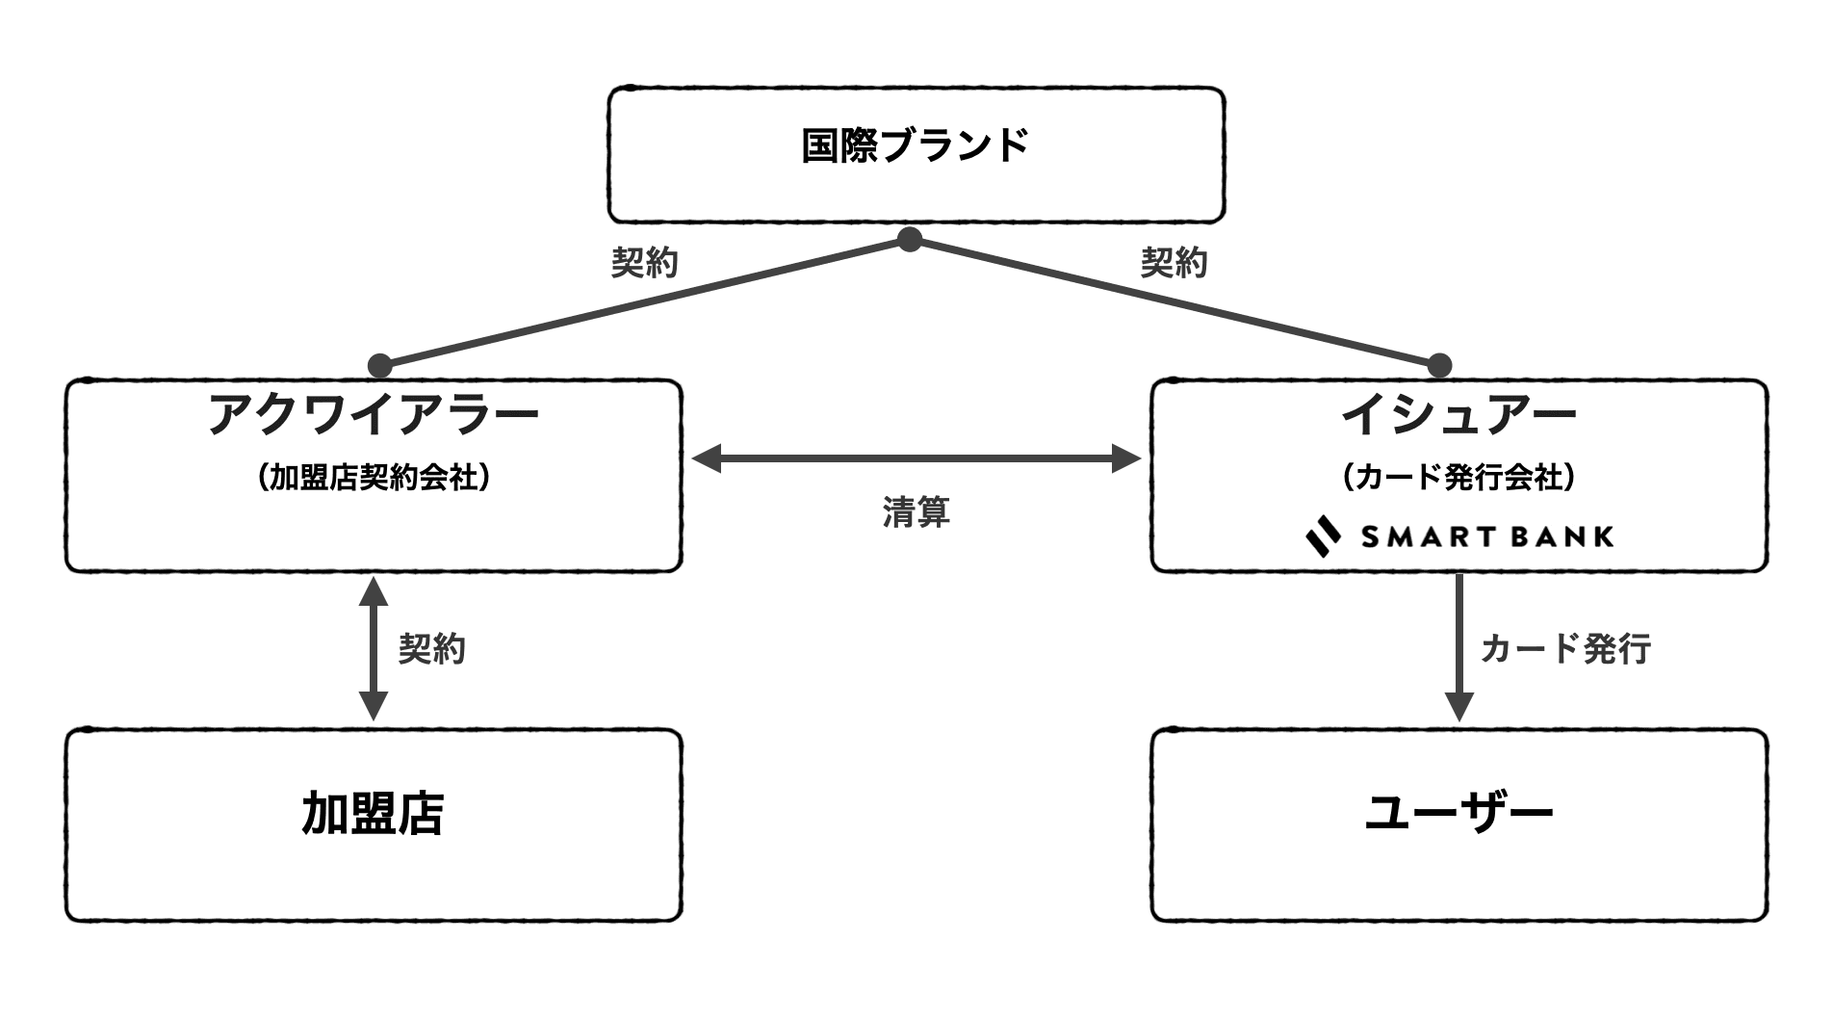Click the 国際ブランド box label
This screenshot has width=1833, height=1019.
[x=916, y=145]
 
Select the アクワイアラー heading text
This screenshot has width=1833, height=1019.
[x=374, y=415]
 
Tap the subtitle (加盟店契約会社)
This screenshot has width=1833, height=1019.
[x=374, y=478]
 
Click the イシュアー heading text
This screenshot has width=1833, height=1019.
[x=1459, y=415]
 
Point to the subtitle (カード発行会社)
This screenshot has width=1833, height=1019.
[x=1459, y=478]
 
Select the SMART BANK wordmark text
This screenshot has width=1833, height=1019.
[x=1487, y=536]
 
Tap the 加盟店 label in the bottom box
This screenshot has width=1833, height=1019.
[x=374, y=814]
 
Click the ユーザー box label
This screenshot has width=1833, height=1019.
[x=1459, y=814]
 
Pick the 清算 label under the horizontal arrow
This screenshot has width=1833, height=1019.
[x=916, y=511]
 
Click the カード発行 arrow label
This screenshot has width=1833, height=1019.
[x=1565, y=648]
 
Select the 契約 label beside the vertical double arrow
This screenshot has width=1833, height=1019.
[x=432, y=648]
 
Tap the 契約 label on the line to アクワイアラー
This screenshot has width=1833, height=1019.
[x=645, y=262]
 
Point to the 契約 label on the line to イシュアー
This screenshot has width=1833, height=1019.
[x=1174, y=262]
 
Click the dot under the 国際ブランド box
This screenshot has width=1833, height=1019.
[x=910, y=239]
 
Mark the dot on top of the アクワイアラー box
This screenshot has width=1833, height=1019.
[x=380, y=366]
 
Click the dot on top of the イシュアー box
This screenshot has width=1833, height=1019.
[x=1439, y=366]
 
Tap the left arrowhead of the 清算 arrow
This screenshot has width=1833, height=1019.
[x=707, y=458]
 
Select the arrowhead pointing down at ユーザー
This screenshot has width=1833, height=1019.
[x=1459, y=706]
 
